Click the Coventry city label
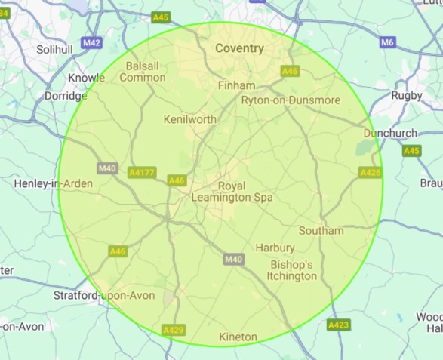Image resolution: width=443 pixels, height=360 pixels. pyautogui.click(x=239, y=48)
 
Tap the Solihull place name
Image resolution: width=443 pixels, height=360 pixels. pyautogui.click(x=56, y=49)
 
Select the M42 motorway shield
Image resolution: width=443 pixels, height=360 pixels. pyautogui.click(x=91, y=43)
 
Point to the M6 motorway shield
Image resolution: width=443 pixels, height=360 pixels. pyautogui.click(x=388, y=42)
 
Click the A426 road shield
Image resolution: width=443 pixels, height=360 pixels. pyautogui.click(x=371, y=173)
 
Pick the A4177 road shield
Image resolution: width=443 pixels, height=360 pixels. pyautogui.click(x=142, y=173)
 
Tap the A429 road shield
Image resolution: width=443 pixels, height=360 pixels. pyautogui.click(x=173, y=330)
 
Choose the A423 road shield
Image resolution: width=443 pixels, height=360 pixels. pyautogui.click(x=338, y=325)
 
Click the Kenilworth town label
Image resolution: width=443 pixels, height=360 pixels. pyautogui.click(x=190, y=119)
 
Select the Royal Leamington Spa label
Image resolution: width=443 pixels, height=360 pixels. pyautogui.click(x=232, y=192)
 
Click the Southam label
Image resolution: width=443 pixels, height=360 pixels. pyautogui.click(x=321, y=230)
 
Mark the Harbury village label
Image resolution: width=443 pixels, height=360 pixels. pyautogui.click(x=275, y=248)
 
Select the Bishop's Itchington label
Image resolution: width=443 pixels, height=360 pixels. pyautogui.click(x=292, y=271)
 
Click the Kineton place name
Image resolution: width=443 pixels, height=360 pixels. pyautogui.click(x=238, y=336)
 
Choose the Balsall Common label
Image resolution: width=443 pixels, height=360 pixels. pyautogui.click(x=142, y=72)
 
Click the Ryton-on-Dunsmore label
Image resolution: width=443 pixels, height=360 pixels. pyautogui.click(x=291, y=100)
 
